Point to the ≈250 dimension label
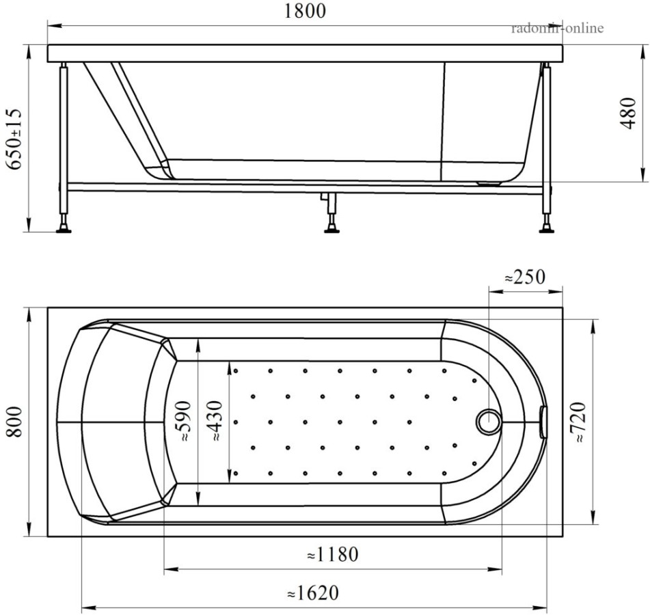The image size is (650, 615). click(x=524, y=277)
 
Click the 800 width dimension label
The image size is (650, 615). click(x=14, y=423)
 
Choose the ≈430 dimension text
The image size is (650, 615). click(x=218, y=422)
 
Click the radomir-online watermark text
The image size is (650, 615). click(x=557, y=28)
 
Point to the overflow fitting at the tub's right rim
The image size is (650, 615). click(x=543, y=422)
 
